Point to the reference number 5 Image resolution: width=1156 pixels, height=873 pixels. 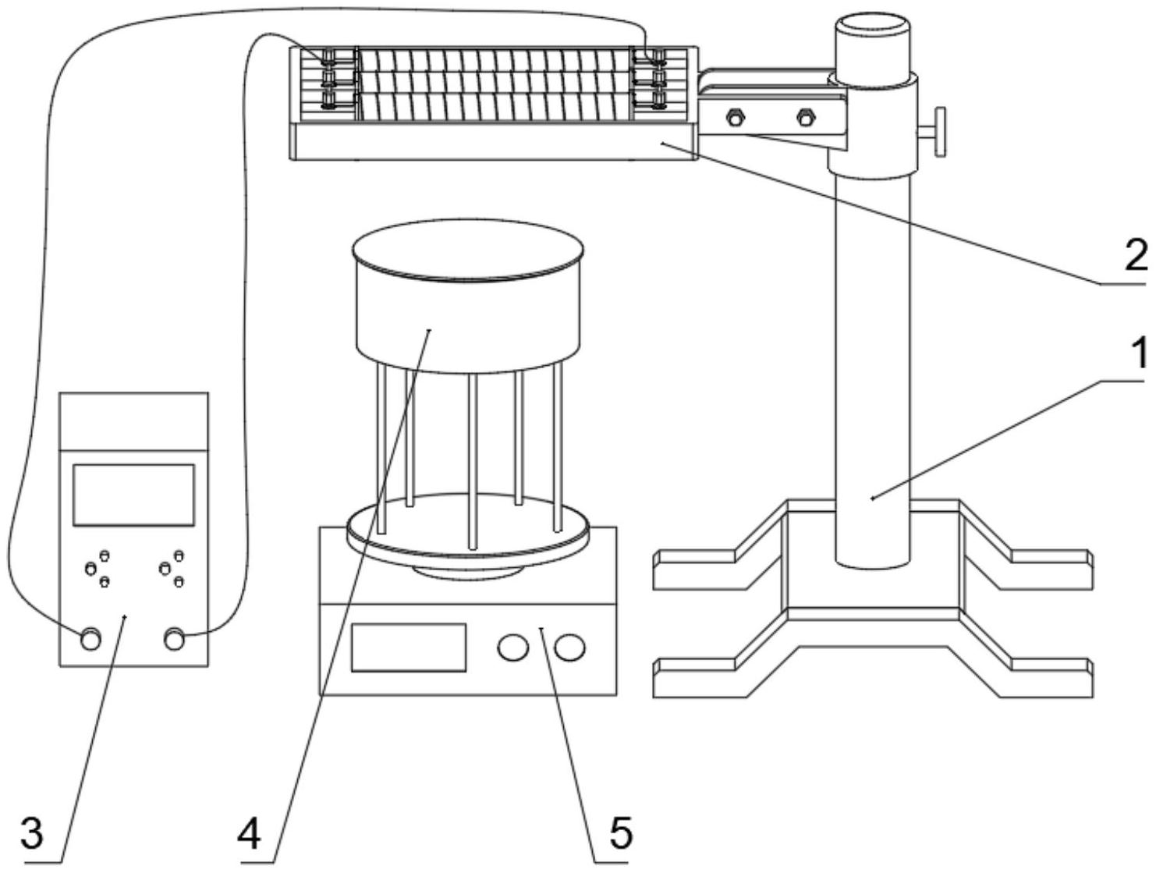tap(619, 834)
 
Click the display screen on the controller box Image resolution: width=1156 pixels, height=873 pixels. tap(133, 495)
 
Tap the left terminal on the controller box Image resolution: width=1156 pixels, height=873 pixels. tap(90, 638)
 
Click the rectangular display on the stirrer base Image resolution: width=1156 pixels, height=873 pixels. tap(408, 647)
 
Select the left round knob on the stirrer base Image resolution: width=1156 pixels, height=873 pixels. tap(513, 647)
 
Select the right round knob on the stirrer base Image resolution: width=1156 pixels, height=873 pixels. tap(570, 647)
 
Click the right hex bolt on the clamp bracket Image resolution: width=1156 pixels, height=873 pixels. tap(806, 119)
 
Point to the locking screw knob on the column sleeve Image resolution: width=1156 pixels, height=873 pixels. tap(937, 130)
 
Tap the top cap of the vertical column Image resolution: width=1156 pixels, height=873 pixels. tap(873, 30)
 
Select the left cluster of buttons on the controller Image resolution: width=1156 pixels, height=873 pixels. tap(98, 569)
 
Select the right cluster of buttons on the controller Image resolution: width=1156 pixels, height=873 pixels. tap(171, 569)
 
